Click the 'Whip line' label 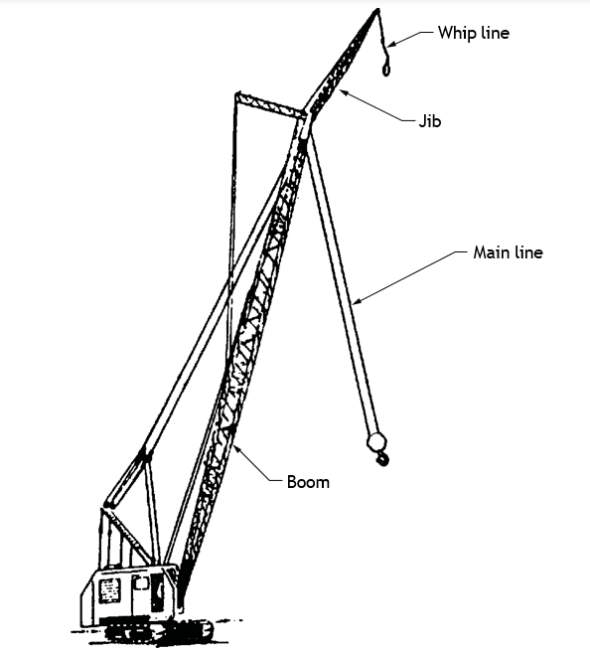point(474,33)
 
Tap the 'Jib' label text point(430,121)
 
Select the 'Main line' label point(508,252)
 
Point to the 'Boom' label point(308,482)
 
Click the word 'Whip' point(457,34)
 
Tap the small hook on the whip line point(386,69)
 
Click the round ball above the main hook point(376,442)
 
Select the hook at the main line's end point(382,459)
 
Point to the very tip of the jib point(377,9)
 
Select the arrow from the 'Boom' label point(255,463)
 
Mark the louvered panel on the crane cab point(110,590)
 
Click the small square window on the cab point(141,581)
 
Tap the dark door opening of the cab point(157,592)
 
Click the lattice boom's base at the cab point(181,590)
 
